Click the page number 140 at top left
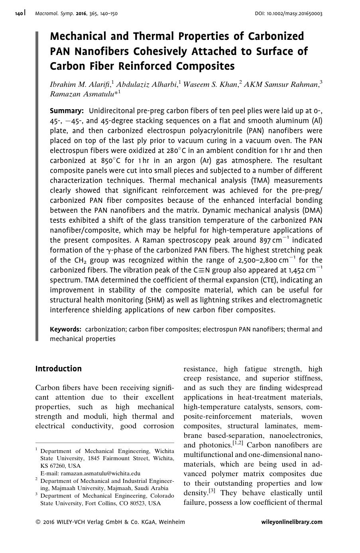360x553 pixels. (x=19, y=14)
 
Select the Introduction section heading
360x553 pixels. (x=58, y=369)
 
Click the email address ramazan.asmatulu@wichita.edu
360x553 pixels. (x=90, y=473)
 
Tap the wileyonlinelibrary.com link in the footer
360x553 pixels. (x=292, y=522)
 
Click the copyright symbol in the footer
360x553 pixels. (x=38, y=522)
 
